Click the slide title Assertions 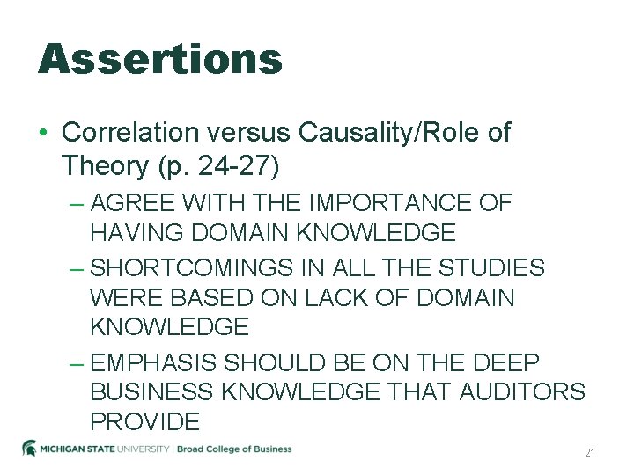coord(159,59)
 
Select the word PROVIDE coord(144,422)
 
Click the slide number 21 coord(590,453)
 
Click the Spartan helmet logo coord(29,449)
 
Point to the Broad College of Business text coord(235,449)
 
